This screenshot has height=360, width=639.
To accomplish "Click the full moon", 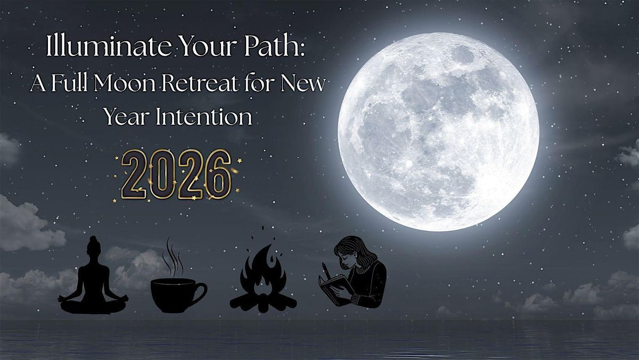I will tap(438, 132).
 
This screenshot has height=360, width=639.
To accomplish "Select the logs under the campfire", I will tap(263, 301).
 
